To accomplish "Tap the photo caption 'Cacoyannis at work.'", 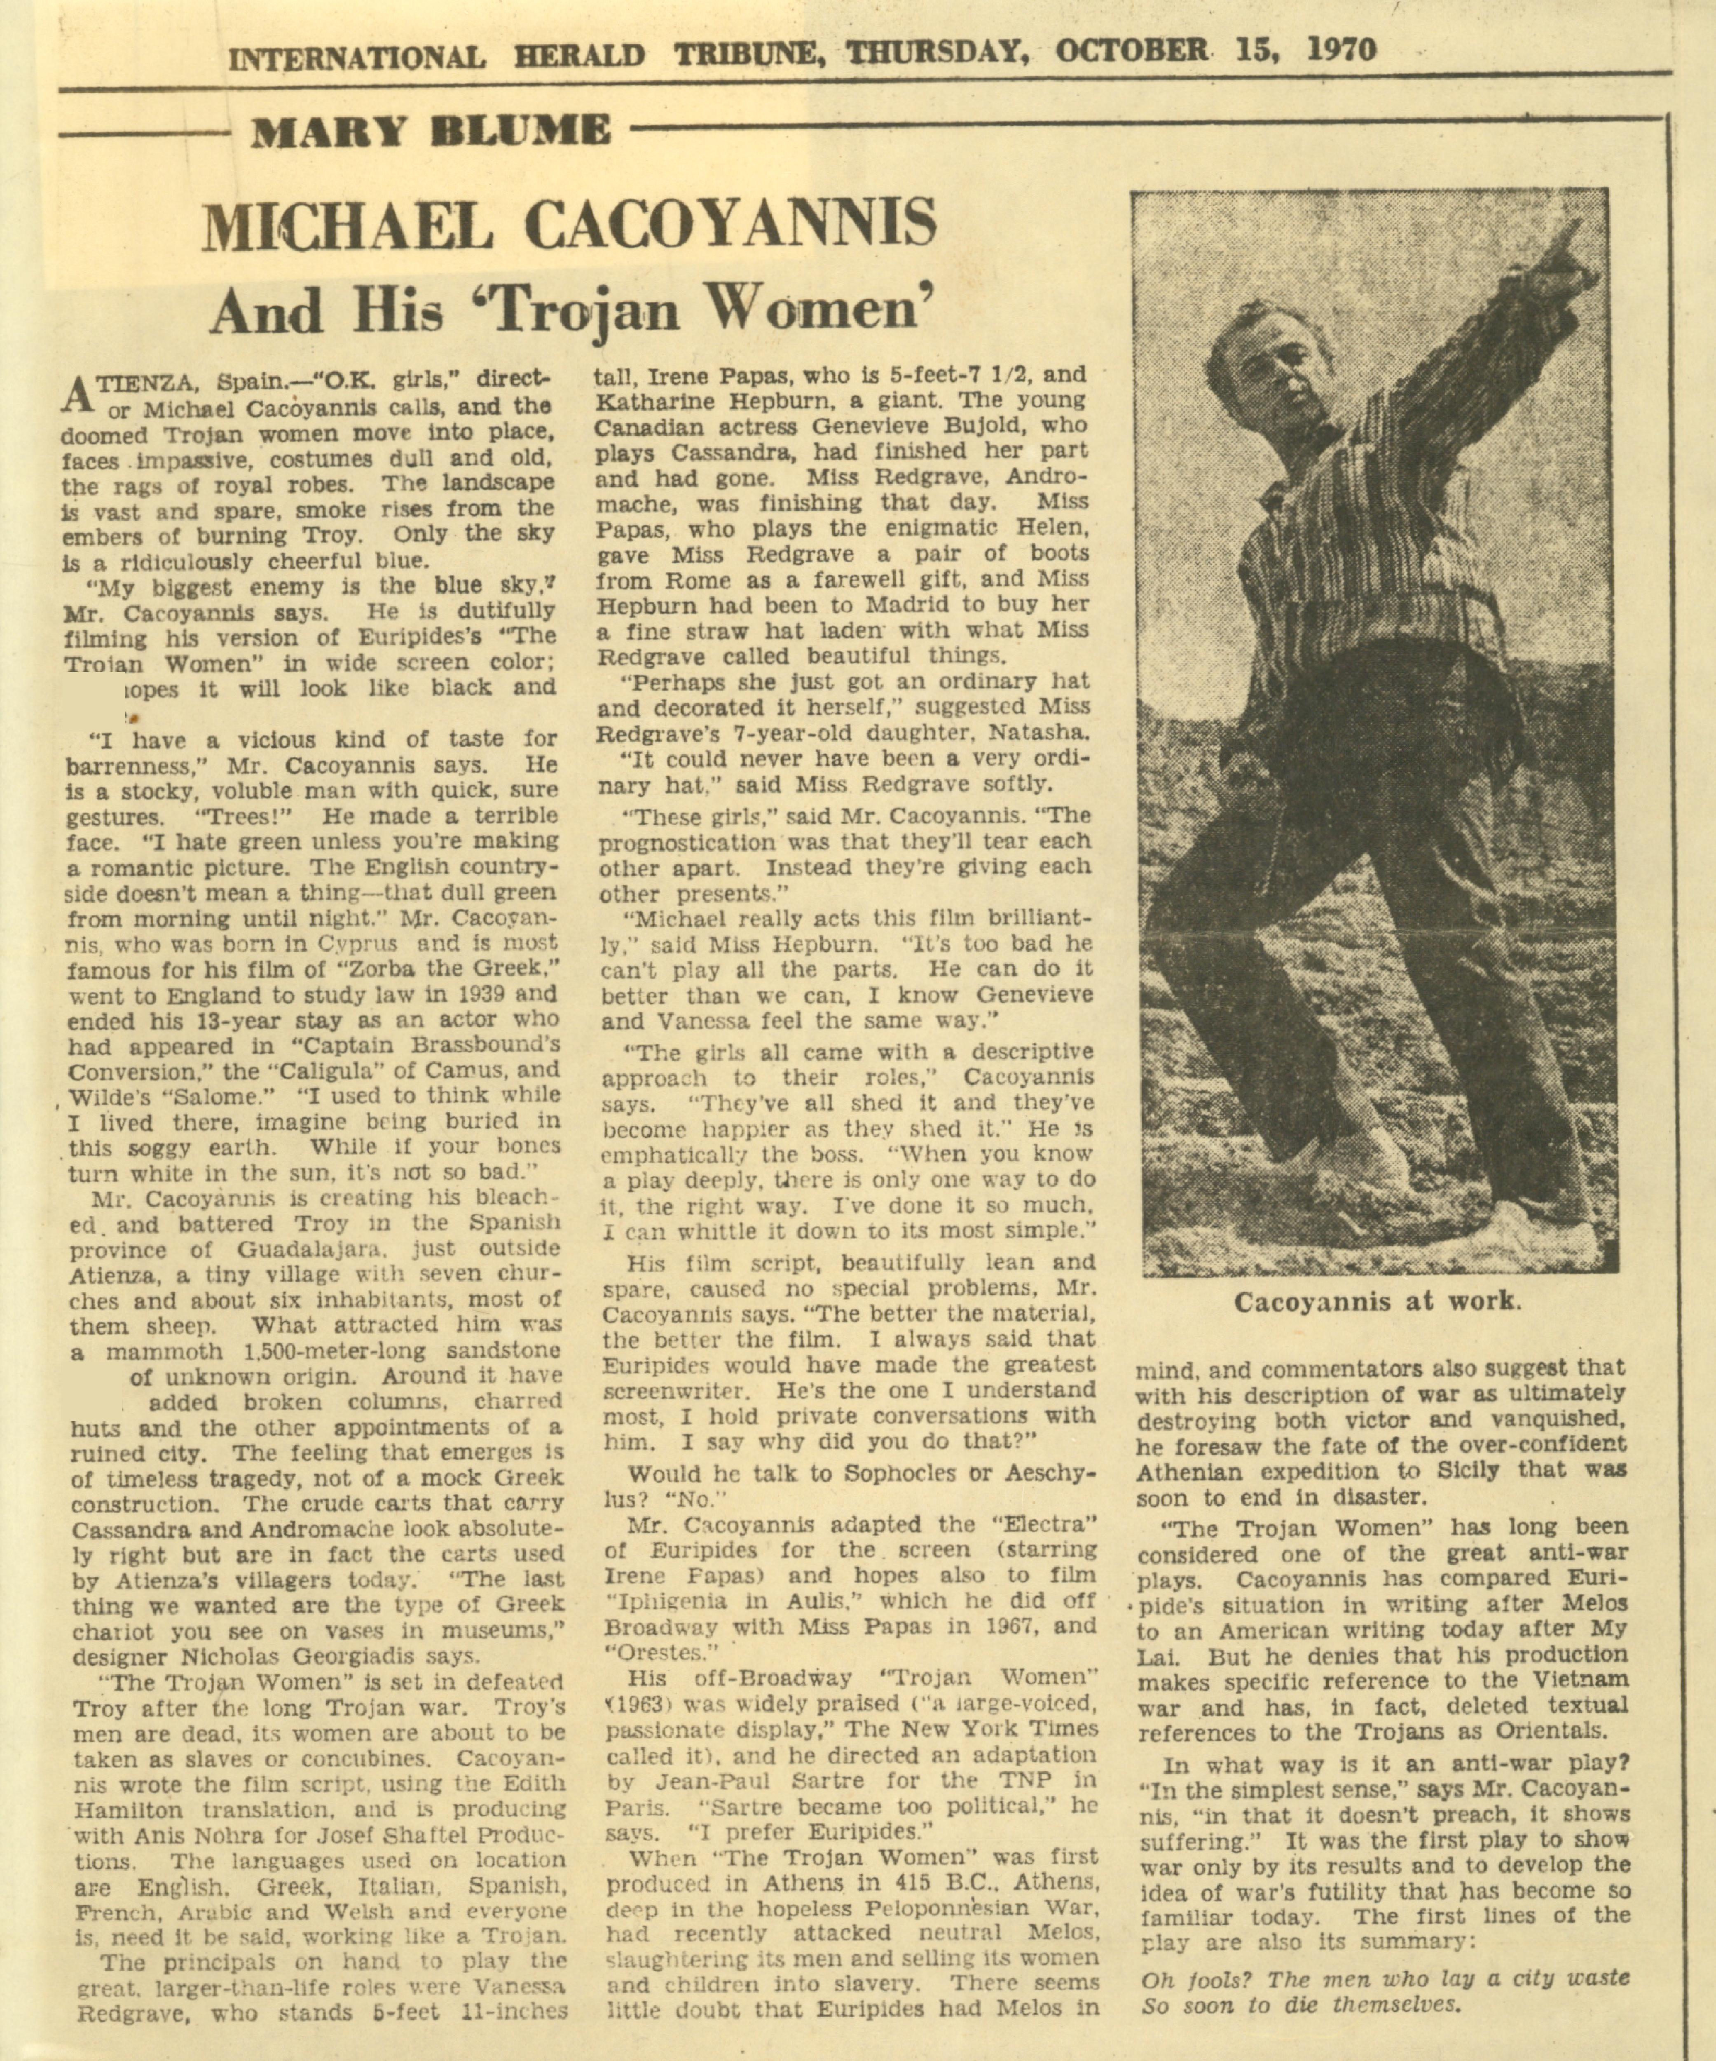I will [x=1377, y=1303].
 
